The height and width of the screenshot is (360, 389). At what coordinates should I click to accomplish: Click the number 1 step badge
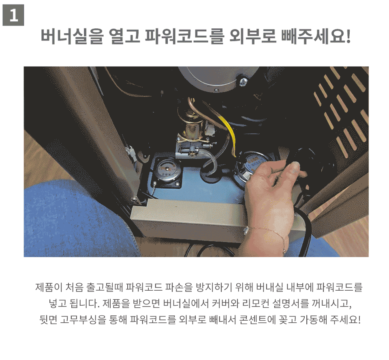[x=13, y=15]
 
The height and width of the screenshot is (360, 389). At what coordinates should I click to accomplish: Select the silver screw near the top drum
[x=244, y=81]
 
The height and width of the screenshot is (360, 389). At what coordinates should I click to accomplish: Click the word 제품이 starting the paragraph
[x=49, y=287]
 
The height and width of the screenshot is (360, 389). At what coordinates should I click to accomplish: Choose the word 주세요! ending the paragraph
[x=345, y=319]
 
